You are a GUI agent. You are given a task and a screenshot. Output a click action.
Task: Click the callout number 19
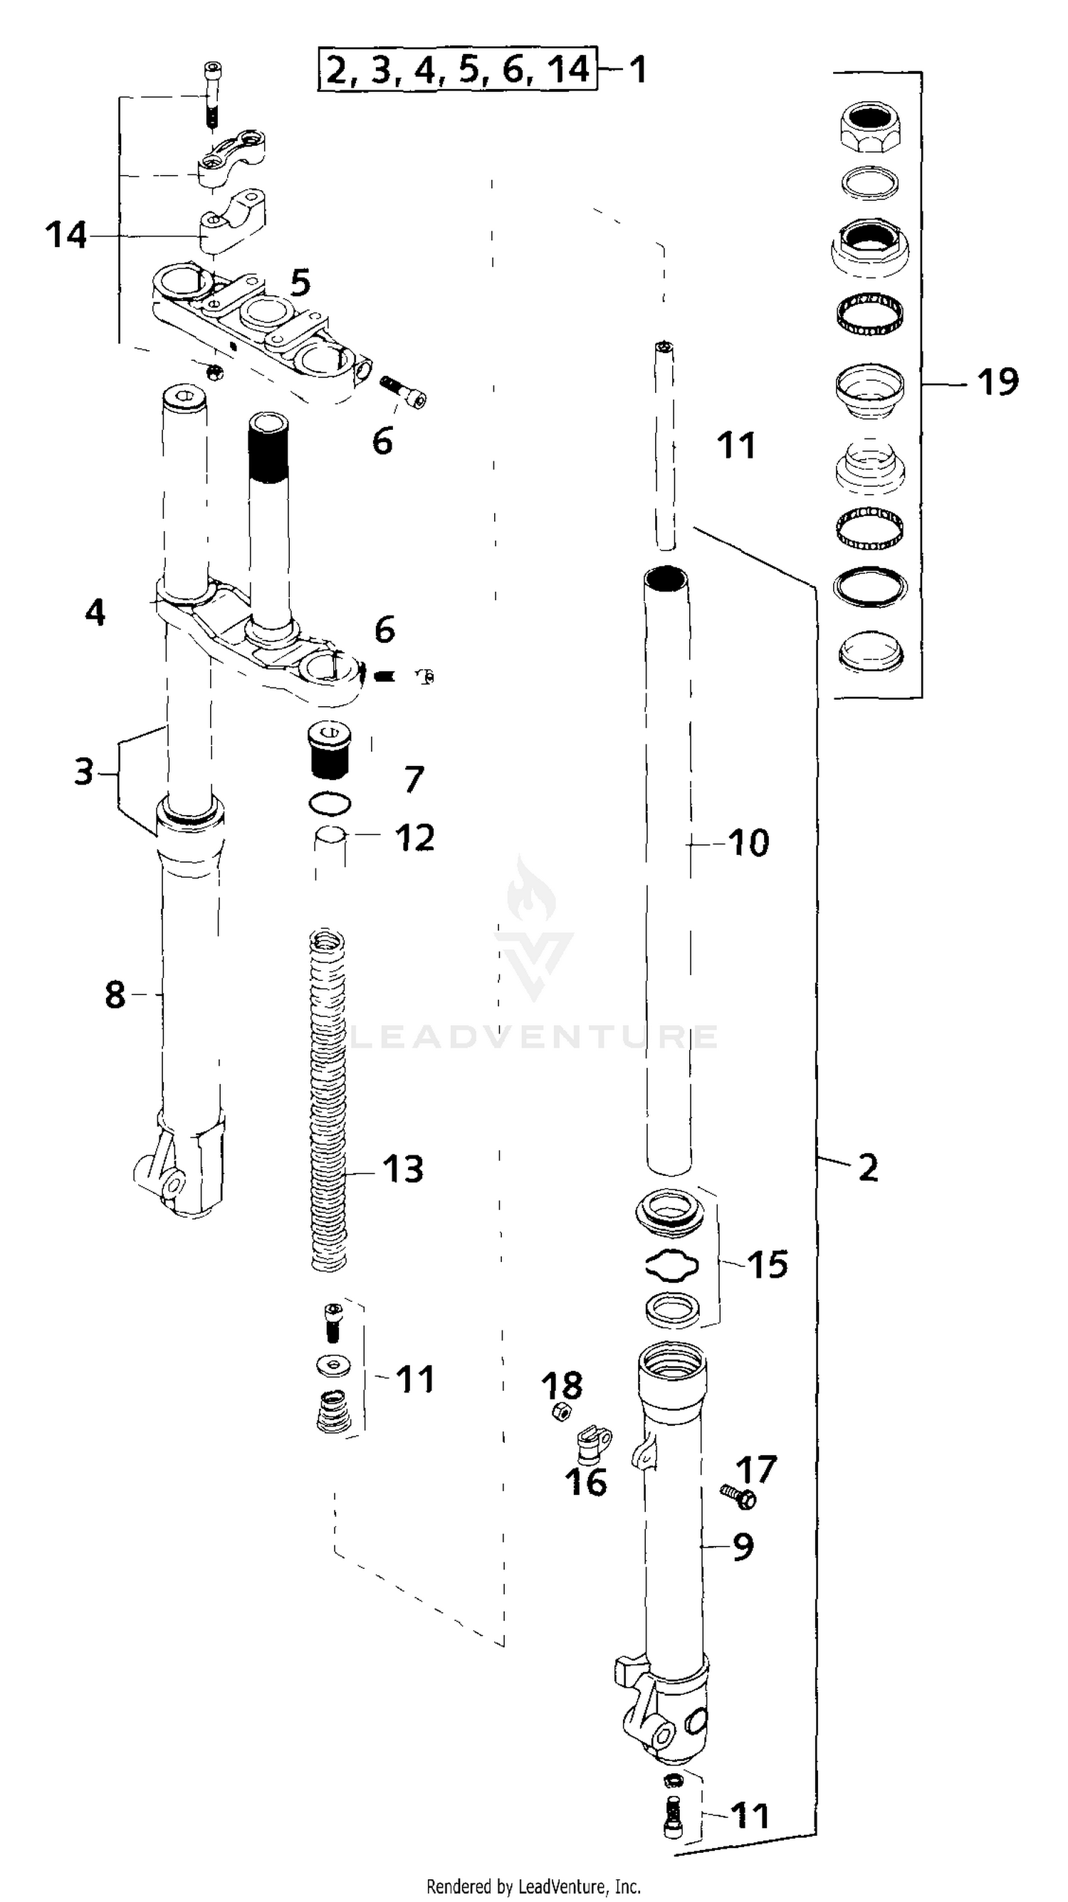click(997, 382)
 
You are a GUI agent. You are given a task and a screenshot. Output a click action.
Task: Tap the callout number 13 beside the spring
click(403, 1169)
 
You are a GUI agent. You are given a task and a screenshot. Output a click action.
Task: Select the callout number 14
click(66, 236)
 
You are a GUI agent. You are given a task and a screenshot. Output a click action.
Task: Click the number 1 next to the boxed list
click(637, 70)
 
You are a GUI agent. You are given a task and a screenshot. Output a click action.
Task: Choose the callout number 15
click(768, 1265)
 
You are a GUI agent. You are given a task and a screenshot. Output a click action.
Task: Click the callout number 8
click(115, 994)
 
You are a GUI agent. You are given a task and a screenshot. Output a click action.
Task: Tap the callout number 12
click(414, 837)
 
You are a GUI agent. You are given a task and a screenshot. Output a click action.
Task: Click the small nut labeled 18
click(560, 1412)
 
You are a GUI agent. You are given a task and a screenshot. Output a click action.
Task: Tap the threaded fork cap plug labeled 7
click(329, 752)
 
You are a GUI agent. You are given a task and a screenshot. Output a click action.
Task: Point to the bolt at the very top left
click(212, 95)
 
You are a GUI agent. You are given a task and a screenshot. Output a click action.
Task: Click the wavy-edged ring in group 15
click(671, 1265)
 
